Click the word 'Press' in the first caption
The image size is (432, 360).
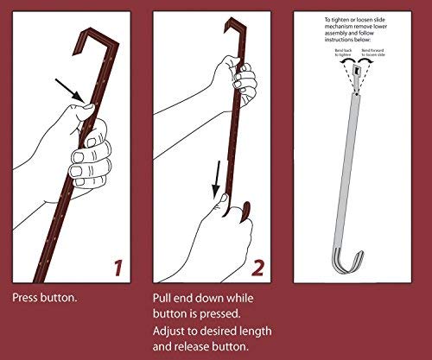coord(25,297)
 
